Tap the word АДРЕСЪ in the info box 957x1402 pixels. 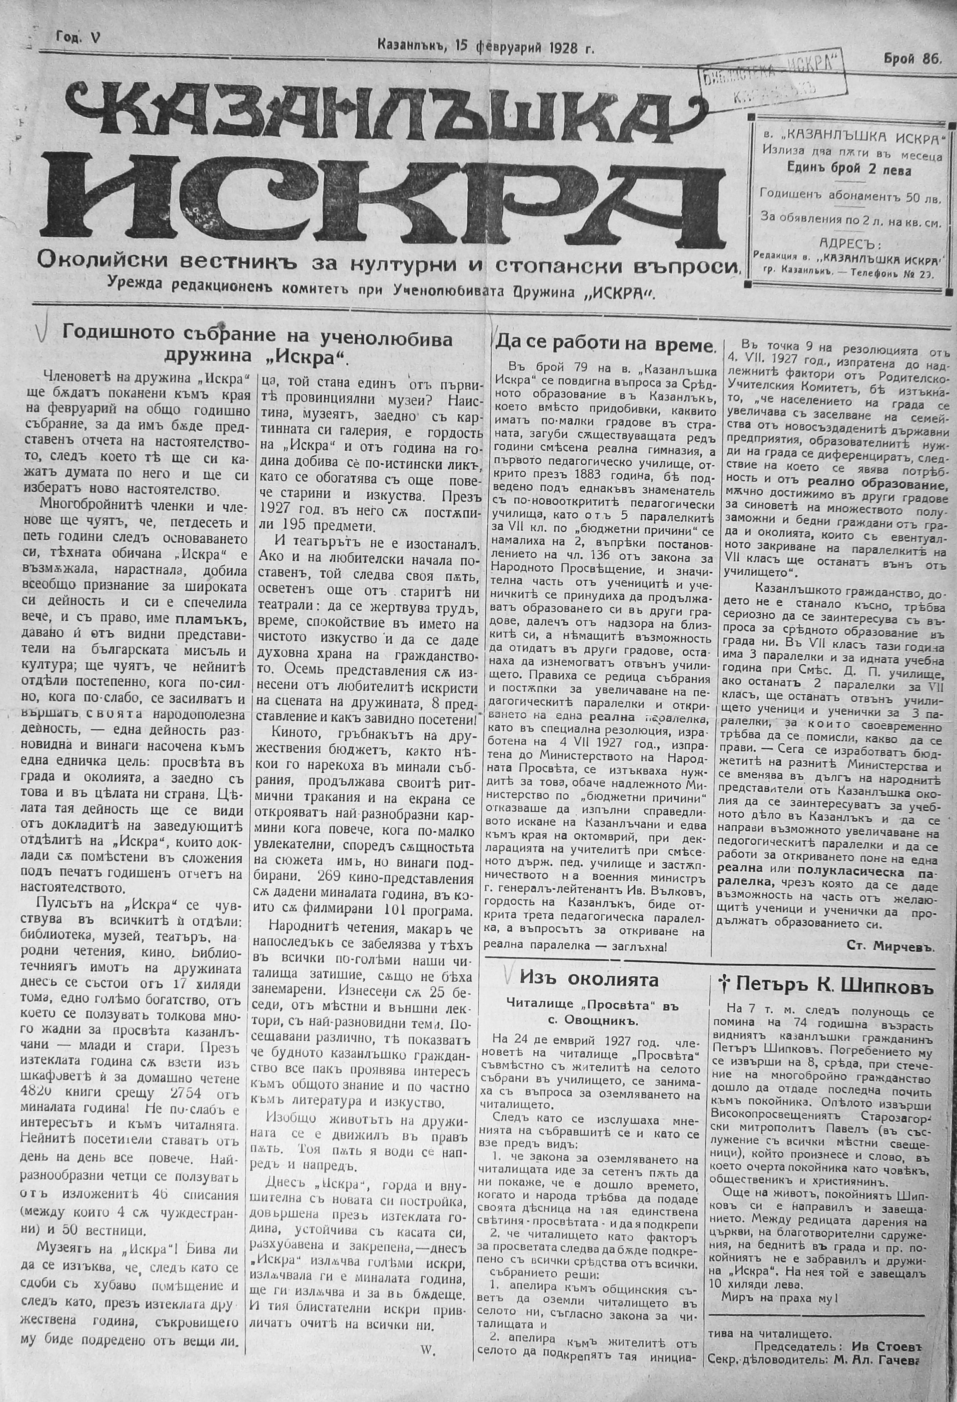tap(850, 244)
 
